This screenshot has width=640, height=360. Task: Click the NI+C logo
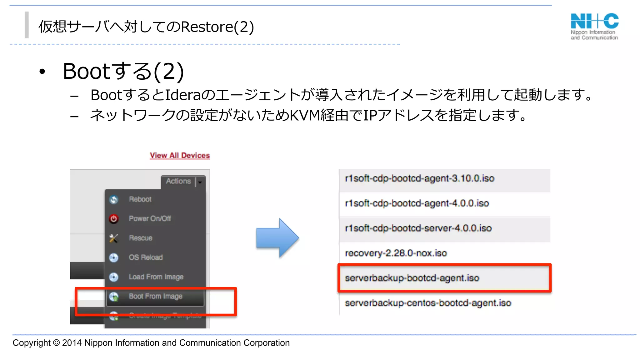point(594,26)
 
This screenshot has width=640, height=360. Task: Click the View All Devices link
point(180,155)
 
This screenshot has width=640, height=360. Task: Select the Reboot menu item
point(140,199)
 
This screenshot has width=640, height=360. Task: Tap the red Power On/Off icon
point(114,219)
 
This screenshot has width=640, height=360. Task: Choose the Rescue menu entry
point(141,238)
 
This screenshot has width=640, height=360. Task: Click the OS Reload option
point(146,257)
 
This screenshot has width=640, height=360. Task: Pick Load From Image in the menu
point(156,277)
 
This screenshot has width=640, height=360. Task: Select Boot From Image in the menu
point(155,296)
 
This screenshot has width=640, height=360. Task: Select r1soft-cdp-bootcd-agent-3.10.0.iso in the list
point(419,178)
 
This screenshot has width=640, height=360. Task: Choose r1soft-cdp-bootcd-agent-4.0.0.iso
point(417,203)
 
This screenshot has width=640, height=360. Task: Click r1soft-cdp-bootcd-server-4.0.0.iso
point(418,228)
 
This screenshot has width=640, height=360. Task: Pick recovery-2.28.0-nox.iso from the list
point(396,253)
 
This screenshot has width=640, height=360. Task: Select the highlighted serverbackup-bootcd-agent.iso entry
point(412,278)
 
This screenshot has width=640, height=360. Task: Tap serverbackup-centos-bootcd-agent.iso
point(428,303)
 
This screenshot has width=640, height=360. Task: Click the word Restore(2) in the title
point(217,27)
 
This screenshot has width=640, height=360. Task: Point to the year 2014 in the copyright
point(72,343)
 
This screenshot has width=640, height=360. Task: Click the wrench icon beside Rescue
point(114,238)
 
